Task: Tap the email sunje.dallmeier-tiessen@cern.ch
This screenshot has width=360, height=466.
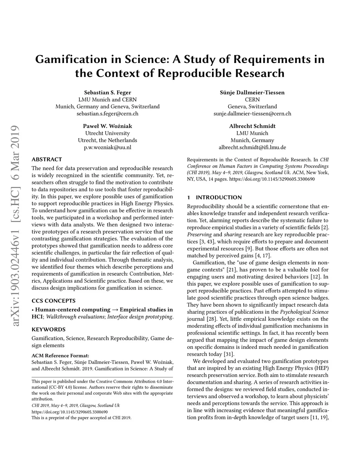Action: point(252,114)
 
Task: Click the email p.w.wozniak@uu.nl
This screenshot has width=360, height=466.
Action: point(108,147)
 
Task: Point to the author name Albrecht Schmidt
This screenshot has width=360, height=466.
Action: point(252,126)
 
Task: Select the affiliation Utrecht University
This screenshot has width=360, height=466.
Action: point(108,133)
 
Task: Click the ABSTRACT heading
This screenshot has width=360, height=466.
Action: point(47,159)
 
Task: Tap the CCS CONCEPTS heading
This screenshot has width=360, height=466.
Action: point(53,301)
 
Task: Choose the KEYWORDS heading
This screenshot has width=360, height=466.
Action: point(49,330)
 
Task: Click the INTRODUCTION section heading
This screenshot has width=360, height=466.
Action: point(219,197)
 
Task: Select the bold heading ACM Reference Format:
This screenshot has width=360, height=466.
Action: point(60,355)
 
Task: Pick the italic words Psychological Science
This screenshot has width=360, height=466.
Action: point(304,312)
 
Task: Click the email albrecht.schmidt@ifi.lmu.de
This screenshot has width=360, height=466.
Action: point(252,147)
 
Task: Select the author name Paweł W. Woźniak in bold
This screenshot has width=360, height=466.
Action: point(108,126)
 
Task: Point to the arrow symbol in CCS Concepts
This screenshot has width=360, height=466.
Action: point(115,310)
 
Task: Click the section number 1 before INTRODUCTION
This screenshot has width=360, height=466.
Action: point(189,197)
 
